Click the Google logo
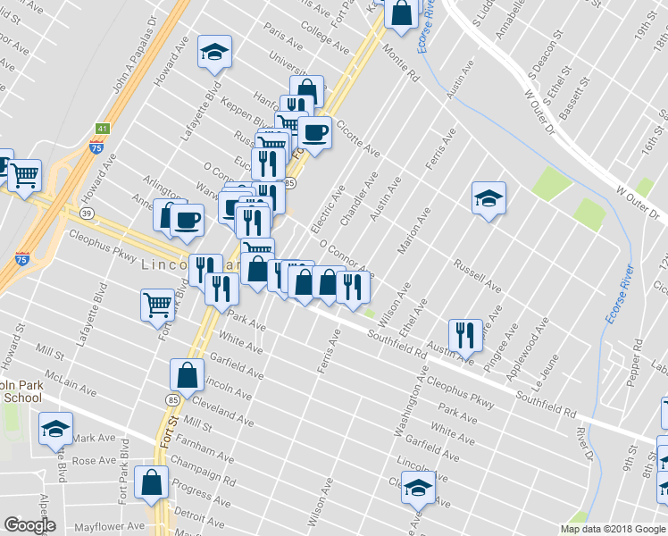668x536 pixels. [29, 525]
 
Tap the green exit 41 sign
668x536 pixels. [103, 129]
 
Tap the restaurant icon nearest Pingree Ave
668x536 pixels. [465, 335]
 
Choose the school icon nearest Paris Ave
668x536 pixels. [214, 51]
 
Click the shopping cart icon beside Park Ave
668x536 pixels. [158, 304]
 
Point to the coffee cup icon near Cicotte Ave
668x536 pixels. [314, 133]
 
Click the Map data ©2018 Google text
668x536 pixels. [613, 529]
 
